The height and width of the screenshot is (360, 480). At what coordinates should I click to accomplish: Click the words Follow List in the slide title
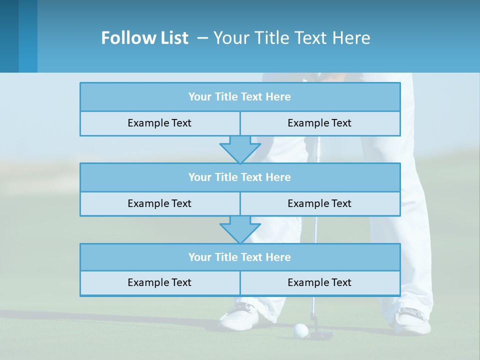pos(144,38)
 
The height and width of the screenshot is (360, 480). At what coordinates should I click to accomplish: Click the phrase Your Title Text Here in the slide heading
pos(292,38)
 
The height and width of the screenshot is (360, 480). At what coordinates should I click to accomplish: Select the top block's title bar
pos(239,97)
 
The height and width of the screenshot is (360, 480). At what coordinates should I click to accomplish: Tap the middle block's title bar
pos(239,177)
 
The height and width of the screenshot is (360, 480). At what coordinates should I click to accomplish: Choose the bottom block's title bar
pos(239,257)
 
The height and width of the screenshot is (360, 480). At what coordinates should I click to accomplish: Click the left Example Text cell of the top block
pos(159,123)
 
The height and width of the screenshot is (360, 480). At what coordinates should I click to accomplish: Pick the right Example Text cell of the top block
pos(319,123)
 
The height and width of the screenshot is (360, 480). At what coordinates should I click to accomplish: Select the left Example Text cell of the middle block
pos(159,203)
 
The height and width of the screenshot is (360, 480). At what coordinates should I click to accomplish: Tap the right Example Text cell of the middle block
pos(319,203)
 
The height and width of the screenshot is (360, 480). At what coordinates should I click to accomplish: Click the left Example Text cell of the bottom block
pos(159,282)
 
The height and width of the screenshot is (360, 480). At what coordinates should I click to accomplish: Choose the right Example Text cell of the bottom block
pos(319,282)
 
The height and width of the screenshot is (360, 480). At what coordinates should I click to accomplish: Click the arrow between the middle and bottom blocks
pos(240,229)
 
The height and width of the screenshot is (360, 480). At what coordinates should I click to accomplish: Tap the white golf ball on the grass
pos(300,330)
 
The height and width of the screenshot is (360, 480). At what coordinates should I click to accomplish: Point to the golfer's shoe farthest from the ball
pos(413,320)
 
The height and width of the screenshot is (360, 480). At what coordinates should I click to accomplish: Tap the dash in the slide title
pos(202,38)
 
